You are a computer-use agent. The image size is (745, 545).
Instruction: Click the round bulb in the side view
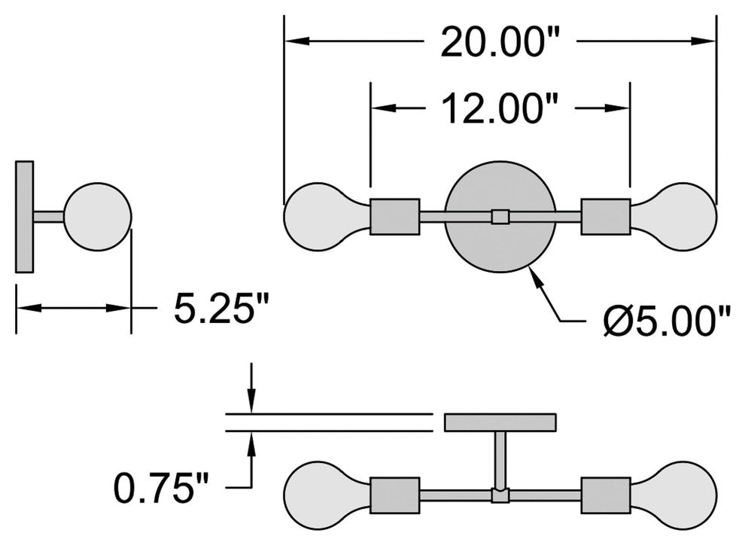pyautogui.click(x=98, y=216)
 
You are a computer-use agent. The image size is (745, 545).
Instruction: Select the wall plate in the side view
pyautogui.click(x=25, y=217)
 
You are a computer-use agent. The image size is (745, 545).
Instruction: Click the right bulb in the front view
pyautogui.click(x=676, y=217)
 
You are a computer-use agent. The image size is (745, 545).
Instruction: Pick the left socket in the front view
pyautogui.click(x=395, y=217)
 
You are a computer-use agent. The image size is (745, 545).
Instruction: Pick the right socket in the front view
pyautogui.click(x=606, y=217)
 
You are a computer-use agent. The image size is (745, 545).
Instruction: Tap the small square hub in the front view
pyautogui.click(x=500, y=217)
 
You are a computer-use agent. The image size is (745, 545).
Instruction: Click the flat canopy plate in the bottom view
pyautogui.click(x=500, y=422)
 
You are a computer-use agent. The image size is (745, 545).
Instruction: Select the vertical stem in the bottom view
pyautogui.click(x=500, y=459)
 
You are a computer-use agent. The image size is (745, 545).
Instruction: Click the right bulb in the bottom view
pyautogui.click(x=676, y=495)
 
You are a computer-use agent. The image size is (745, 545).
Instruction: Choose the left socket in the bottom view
pyautogui.click(x=395, y=495)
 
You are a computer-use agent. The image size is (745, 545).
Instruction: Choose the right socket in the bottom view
pyautogui.click(x=606, y=495)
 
